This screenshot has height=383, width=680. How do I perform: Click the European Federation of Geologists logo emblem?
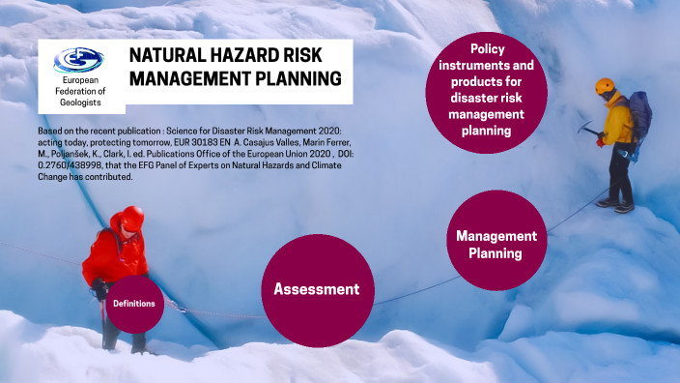[x=74, y=60]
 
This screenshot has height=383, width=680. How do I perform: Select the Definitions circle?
[x=134, y=304]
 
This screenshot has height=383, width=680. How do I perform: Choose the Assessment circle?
[x=316, y=288]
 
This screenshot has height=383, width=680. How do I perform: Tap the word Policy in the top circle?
[x=488, y=48]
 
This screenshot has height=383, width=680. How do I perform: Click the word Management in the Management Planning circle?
[x=496, y=236]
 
